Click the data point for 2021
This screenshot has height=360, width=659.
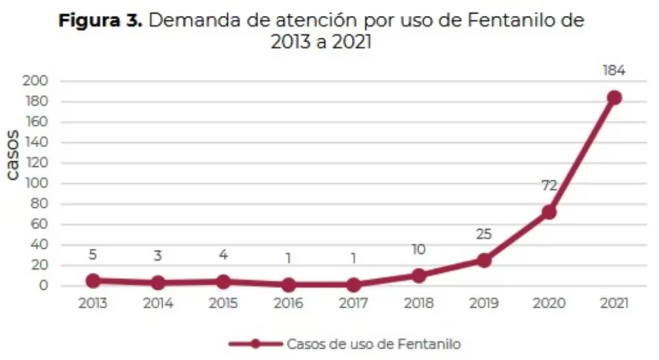[x=614, y=98]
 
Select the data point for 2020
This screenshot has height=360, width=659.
[x=549, y=212]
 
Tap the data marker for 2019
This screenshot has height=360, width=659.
[x=484, y=260]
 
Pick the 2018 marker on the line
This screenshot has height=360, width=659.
[x=418, y=275]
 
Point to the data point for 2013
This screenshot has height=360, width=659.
[x=93, y=281]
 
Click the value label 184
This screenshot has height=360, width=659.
[x=614, y=70]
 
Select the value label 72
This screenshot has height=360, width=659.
[x=549, y=185]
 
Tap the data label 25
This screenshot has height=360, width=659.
[x=484, y=234]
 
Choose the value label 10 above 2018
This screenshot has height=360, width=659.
[x=418, y=249]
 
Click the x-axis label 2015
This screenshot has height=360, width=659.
[x=223, y=303]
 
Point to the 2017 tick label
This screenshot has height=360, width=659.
[x=353, y=303]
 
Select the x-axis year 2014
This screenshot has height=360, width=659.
[x=158, y=303]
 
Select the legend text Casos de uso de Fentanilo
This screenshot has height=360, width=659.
[x=373, y=343]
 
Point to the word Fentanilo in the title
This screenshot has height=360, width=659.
[x=511, y=20]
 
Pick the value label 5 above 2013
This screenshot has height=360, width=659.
[x=93, y=255]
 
